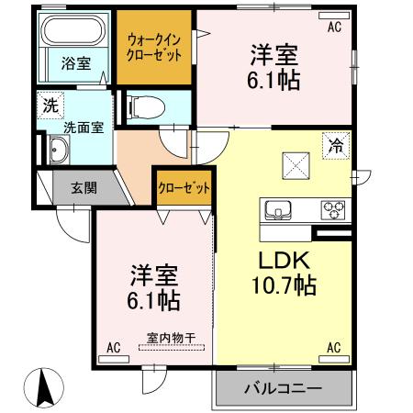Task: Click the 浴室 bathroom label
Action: coord(75,63)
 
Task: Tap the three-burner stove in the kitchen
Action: coord(331,210)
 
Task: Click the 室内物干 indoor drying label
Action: coord(170,337)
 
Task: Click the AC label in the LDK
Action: coord(333,348)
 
